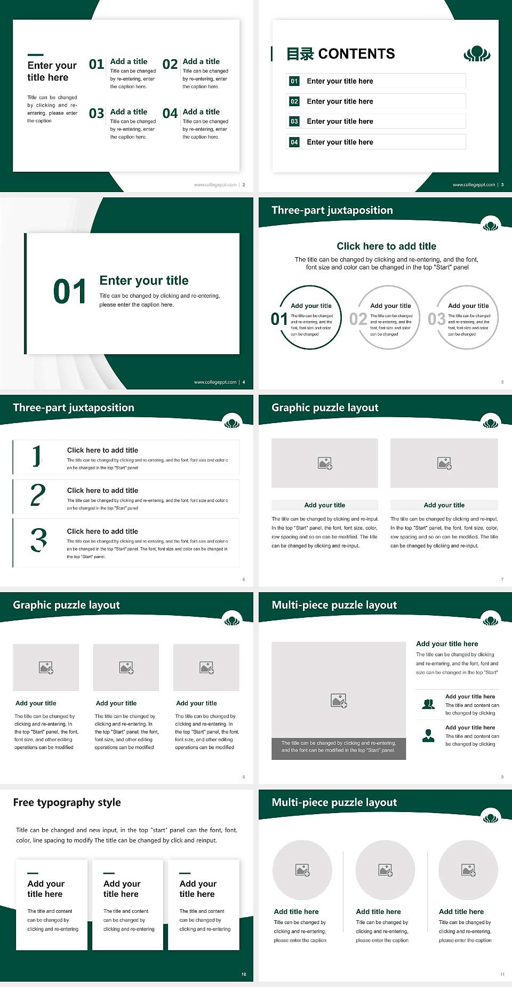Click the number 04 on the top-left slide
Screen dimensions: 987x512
point(170,113)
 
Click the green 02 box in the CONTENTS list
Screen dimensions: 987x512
point(294,101)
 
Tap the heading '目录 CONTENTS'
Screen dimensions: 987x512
point(341,54)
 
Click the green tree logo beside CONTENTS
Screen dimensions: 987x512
point(477,54)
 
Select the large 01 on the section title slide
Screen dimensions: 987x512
point(70,292)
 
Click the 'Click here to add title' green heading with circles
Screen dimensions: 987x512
point(386,246)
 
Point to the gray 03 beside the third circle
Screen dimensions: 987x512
point(436,319)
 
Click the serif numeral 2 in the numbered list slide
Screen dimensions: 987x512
point(38,495)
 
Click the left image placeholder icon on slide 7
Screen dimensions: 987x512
point(325,463)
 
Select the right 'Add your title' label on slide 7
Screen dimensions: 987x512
point(444,505)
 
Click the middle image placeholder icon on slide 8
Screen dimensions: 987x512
point(126,667)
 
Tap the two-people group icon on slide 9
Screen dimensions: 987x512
point(428,704)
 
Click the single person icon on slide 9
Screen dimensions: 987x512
point(428,736)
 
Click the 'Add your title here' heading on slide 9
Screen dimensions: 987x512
point(447,644)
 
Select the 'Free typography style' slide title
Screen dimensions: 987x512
point(67,802)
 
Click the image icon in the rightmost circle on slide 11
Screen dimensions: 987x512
point(468,870)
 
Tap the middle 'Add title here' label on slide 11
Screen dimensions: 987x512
point(378,912)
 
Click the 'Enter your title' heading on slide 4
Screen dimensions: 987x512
point(144,281)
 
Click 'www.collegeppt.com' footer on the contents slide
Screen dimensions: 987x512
point(474,185)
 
